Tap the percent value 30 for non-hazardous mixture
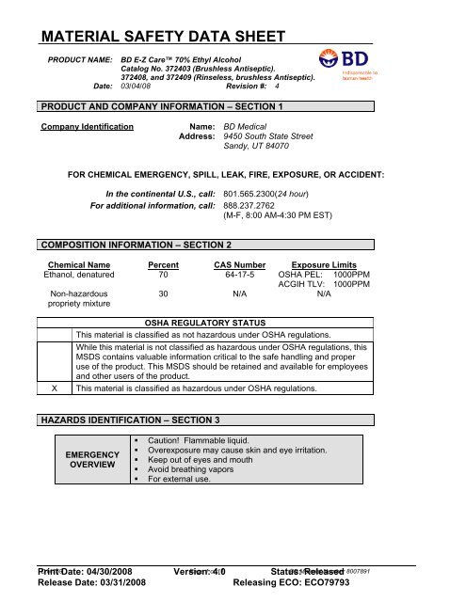163,293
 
